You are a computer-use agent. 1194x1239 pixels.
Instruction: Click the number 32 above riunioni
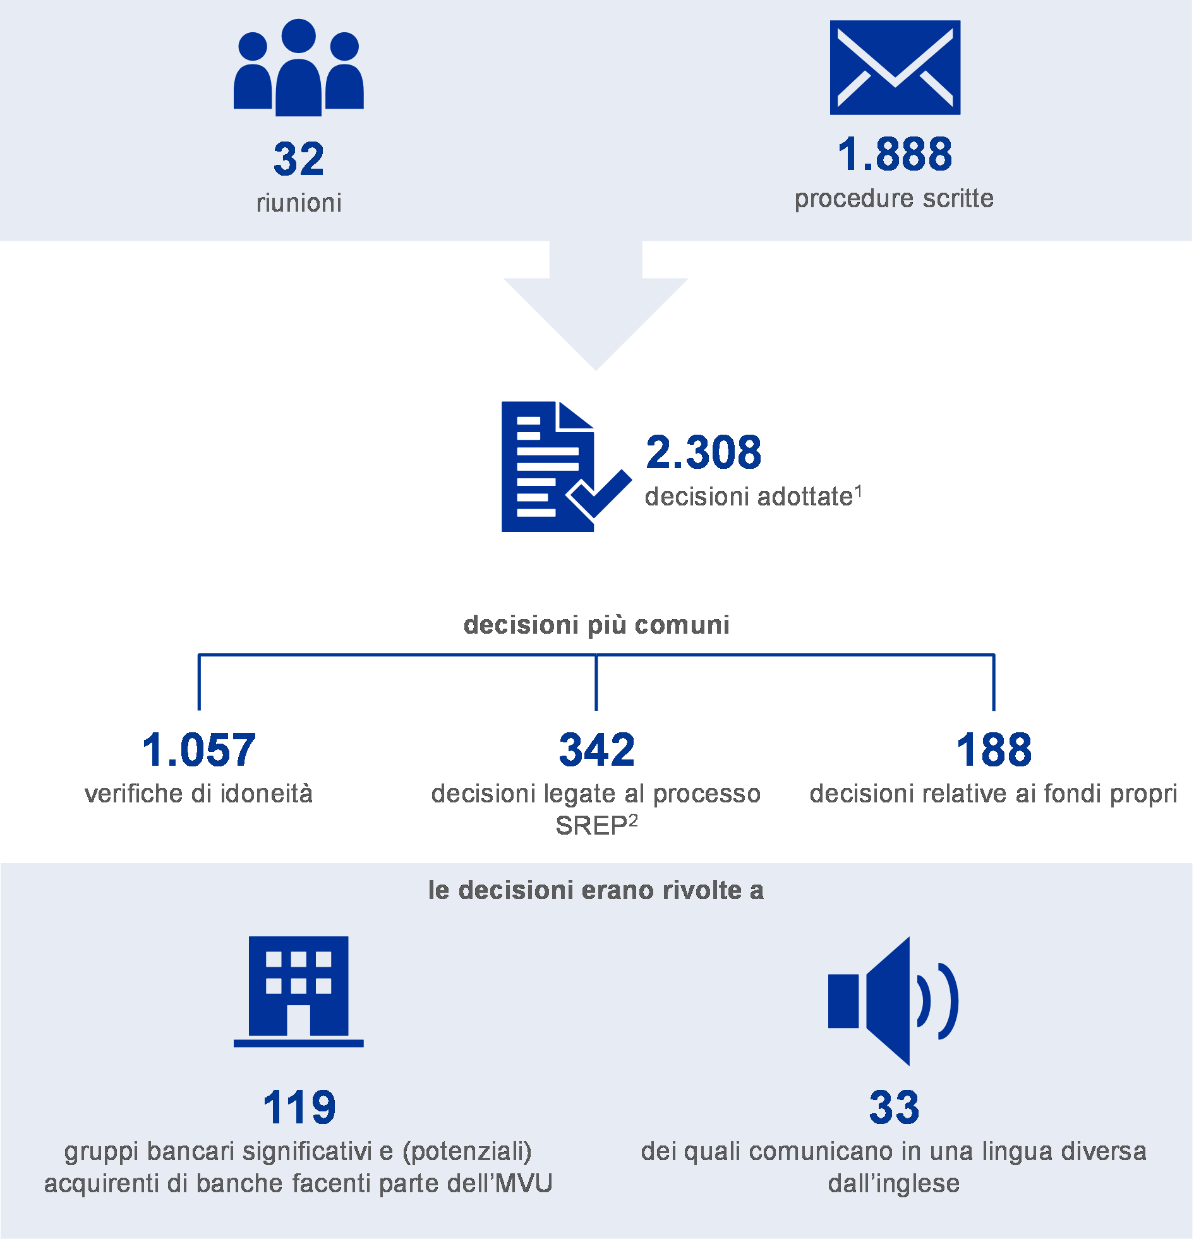pyautogui.click(x=299, y=159)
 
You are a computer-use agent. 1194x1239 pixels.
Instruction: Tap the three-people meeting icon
pyautogui.click(x=299, y=68)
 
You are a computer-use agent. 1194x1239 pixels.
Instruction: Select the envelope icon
pyautogui.click(x=896, y=68)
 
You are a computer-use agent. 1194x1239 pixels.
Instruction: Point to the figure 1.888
pyautogui.click(x=895, y=154)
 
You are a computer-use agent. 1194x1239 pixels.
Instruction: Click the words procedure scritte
pyautogui.click(x=895, y=198)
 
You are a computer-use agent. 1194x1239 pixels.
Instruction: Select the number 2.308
pyautogui.click(x=704, y=452)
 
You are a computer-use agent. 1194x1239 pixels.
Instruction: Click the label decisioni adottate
pyautogui.click(x=749, y=497)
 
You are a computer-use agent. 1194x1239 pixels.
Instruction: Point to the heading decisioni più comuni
pyautogui.click(x=596, y=625)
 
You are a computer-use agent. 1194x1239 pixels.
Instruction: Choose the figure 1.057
pyautogui.click(x=199, y=751)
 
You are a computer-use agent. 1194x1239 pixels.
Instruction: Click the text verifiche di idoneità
pyautogui.click(x=199, y=794)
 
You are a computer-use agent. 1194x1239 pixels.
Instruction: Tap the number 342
pyautogui.click(x=596, y=751)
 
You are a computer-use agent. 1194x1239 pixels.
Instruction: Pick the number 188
pyautogui.click(x=994, y=751)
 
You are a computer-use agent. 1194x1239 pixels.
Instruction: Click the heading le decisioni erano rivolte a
pyautogui.click(x=596, y=890)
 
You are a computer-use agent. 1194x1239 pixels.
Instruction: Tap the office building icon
pyautogui.click(x=299, y=991)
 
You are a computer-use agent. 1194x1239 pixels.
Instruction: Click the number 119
pyautogui.click(x=299, y=1108)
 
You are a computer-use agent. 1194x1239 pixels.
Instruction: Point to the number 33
pyautogui.click(x=895, y=1108)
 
